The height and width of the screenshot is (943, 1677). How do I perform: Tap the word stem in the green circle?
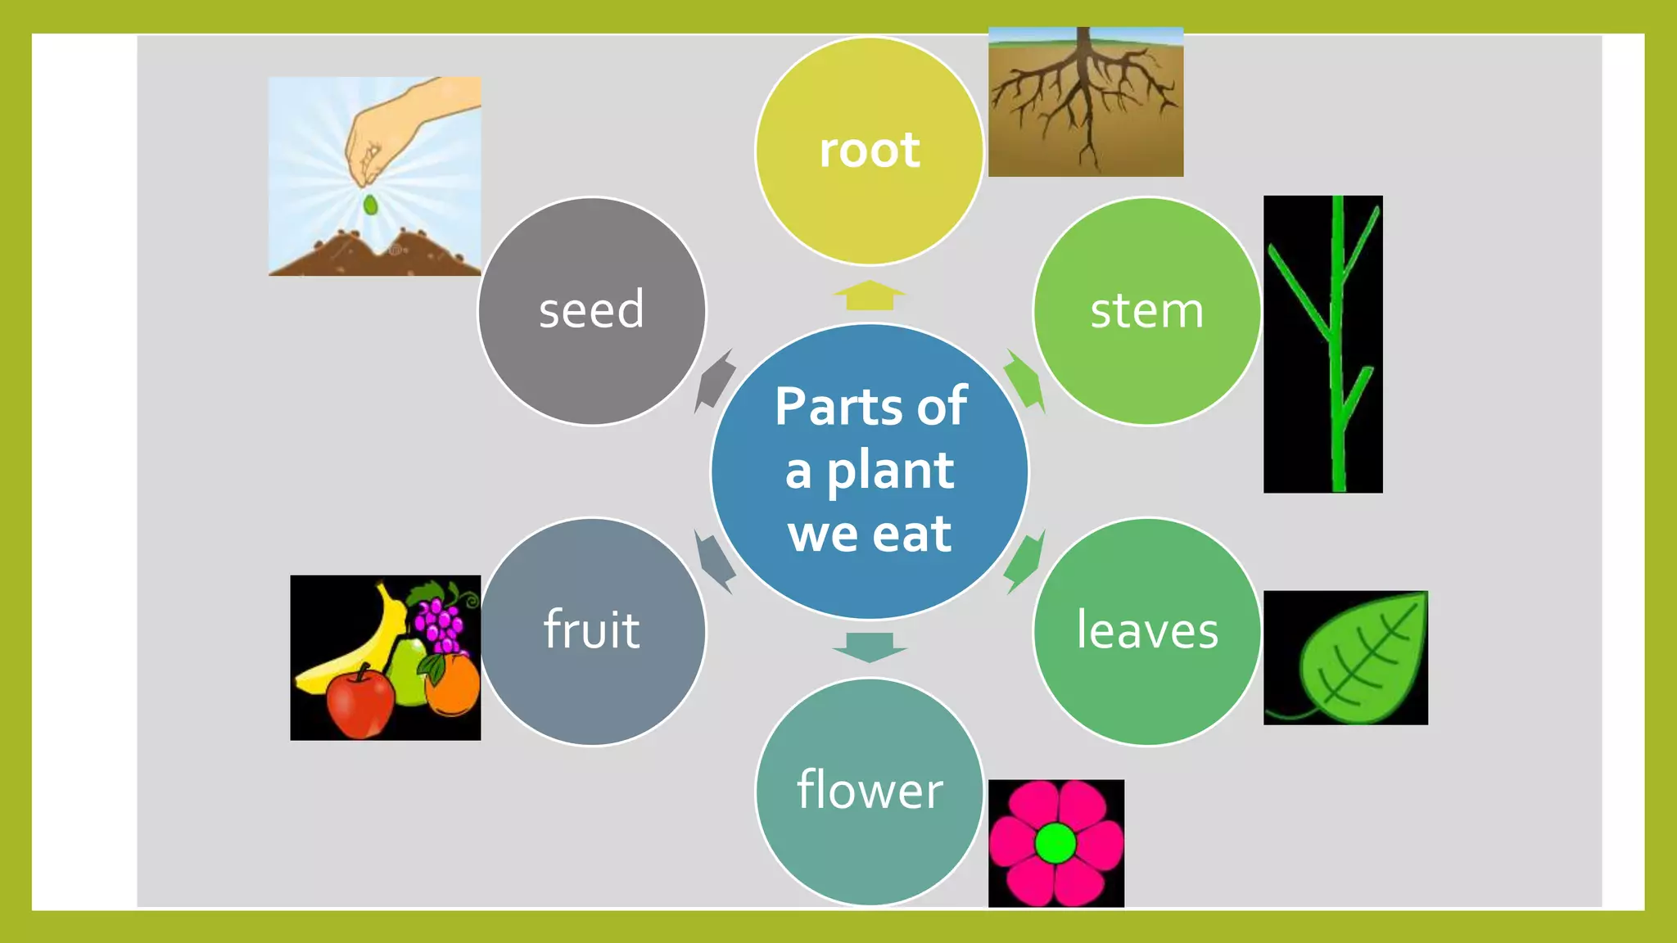click(1146, 311)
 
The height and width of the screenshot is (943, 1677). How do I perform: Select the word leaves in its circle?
click(1147, 630)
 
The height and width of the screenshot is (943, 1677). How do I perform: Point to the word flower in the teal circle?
click(870, 790)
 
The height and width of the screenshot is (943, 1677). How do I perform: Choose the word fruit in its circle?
click(591, 630)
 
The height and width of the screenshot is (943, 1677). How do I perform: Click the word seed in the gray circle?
click(591, 310)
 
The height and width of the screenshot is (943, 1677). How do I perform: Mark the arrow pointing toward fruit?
click(714, 562)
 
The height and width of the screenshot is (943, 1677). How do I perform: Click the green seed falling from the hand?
click(370, 205)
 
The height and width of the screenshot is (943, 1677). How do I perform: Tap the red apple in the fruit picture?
click(359, 702)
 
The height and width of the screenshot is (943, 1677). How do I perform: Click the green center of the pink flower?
click(1055, 844)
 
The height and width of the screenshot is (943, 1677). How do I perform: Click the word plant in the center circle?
click(889, 471)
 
